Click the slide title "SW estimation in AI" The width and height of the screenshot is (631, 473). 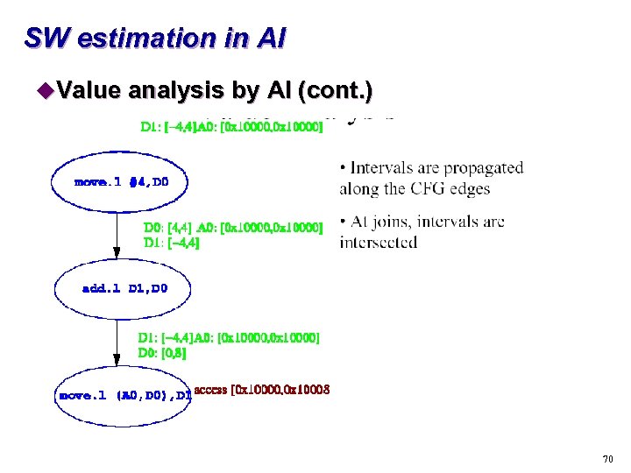pos(154,39)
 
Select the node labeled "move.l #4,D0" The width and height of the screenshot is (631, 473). pos(121,182)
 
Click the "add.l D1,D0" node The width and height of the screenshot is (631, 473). pos(124,287)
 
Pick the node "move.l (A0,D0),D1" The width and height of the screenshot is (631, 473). pos(124,395)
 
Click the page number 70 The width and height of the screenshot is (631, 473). pos(607,459)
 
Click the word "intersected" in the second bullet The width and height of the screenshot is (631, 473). pos(379,242)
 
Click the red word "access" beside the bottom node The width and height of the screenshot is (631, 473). pos(210,390)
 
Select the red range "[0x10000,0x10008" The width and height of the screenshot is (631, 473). pos(280,390)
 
